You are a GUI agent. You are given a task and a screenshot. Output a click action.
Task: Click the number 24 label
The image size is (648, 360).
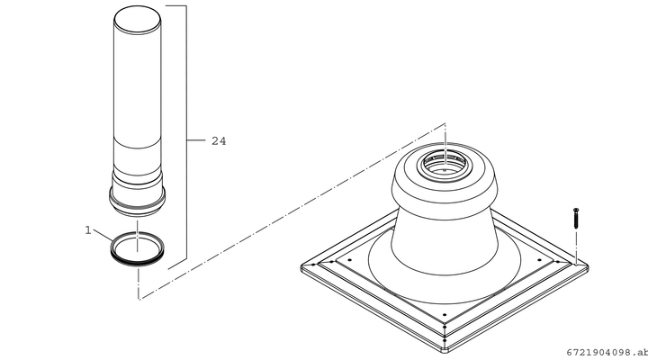click(219, 141)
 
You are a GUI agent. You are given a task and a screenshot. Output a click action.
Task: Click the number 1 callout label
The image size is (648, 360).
click(87, 230)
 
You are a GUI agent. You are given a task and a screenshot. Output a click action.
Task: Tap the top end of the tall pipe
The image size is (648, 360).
click(137, 19)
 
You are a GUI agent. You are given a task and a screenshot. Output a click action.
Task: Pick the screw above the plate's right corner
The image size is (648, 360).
click(576, 218)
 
